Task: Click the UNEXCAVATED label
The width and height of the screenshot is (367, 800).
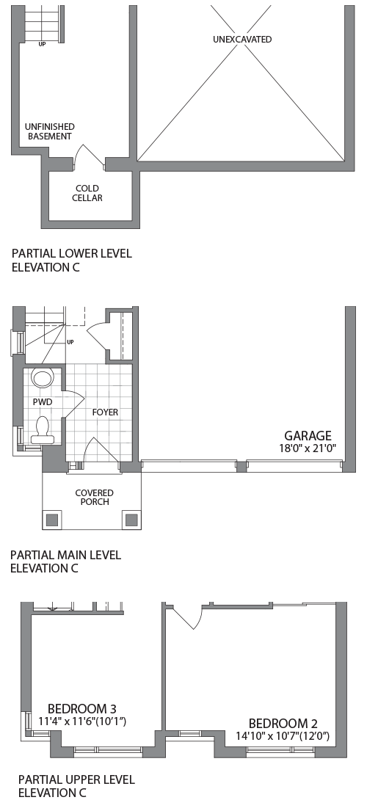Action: pyautogui.click(x=242, y=40)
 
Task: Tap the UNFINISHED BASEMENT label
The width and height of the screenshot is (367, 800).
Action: pyautogui.click(x=51, y=131)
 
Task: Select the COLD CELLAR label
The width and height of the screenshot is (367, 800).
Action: pyautogui.click(x=87, y=193)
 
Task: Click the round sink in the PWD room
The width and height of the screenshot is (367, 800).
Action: pyautogui.click(x=43, y=379)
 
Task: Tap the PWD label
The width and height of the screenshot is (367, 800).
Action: pyautogui.click(x=43, y=402)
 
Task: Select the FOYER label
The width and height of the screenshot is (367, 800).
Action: pyautogui.click(x=105, y=412)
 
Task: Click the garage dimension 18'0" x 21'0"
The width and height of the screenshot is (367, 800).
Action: pyautogui.click(x=308, y=448)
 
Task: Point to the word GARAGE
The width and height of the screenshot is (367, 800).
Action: pyautogui.click(x=308, y=436)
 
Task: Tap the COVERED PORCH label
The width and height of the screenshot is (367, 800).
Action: pyautogui.click(x=95, y=498)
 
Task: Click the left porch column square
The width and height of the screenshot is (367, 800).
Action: pyautogui.click(x=53, y=520)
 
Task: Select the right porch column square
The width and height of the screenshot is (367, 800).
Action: pyautogui.click(x=131, y=520)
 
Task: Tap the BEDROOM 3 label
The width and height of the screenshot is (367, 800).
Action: pyautogui.click(x=82, y=709)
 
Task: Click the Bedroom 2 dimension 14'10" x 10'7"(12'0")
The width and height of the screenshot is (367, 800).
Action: pyautogui.click(x=283, y=736)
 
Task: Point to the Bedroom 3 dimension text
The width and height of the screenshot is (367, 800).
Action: pyautogui.click(x=82, y=721)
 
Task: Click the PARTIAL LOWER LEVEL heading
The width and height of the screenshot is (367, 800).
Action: pyautogui.click(x=72, y=253)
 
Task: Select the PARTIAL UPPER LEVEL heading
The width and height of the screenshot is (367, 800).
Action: pyautogui.click(x=76, y=779)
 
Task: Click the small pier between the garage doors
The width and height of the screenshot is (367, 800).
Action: pyautogui.click(x=241, y=467)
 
